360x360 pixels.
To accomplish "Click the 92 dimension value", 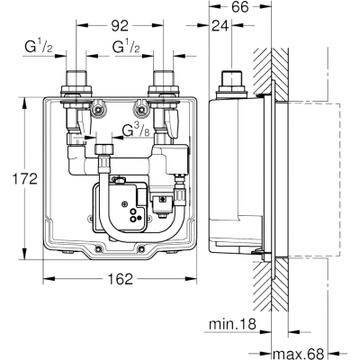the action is coord(120,26).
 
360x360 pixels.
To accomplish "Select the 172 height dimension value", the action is coord(24,179).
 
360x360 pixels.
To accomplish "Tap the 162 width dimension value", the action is coord(120,279).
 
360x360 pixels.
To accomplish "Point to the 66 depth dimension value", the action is coord(240,7).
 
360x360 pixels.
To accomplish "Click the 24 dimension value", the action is coord(220,26).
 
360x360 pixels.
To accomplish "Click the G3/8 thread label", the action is coord(137,130).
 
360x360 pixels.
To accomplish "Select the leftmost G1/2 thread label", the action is coord(39,47).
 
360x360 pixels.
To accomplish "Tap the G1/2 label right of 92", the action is coord(126,47).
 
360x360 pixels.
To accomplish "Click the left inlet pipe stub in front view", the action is coord(76,79).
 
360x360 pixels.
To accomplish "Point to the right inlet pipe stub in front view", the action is coord(164,79).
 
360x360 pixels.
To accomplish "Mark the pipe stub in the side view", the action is coord(232,79).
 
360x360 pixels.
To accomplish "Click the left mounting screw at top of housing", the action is coord(97,111).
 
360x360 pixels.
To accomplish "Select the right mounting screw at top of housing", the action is coord(141,111).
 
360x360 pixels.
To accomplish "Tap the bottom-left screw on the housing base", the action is coord(98,248).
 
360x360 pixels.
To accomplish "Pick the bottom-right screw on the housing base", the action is coord(141,248).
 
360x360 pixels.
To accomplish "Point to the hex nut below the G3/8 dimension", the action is coord(104,149).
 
